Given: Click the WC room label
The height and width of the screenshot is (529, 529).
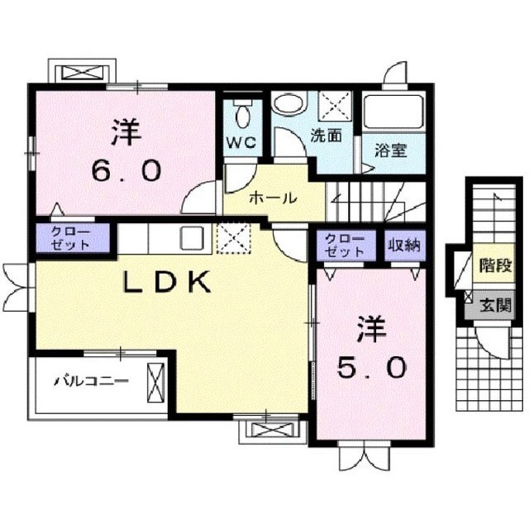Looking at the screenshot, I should (242, 141).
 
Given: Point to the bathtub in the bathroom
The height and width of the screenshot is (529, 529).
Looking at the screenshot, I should (394, 117).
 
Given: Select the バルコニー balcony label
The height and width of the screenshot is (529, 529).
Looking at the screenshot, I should (92, 382).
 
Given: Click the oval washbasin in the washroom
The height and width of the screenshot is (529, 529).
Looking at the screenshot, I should (288, 104).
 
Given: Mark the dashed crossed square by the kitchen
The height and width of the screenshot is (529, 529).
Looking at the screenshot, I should (232, 239).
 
